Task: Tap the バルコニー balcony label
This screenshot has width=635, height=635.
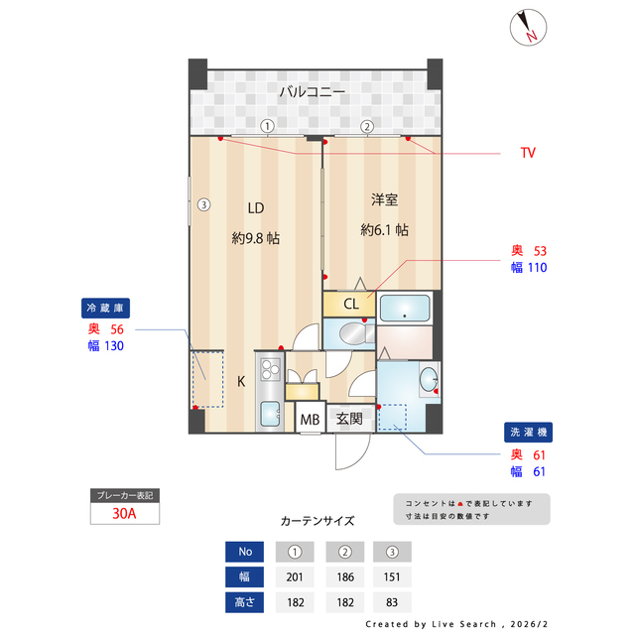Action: pyautogui.click(x=312, y=92)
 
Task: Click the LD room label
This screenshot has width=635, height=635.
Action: pyautogui.click(x=255, y=208)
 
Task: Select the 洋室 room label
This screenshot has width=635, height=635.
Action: pyautogui.click(x=384, y=200)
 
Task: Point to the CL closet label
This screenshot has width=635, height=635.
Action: pyautogui.click(x=351, y=304)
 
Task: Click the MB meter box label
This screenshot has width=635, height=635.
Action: pyautogui.click(x=310, y=420)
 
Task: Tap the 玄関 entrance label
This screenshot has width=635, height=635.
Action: pyautogui.click(x=348, y=420)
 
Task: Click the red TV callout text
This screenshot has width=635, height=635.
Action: pyautogui.click(x=528, y=153)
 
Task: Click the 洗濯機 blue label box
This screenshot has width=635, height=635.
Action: pyautogui.click(x=528, y=433)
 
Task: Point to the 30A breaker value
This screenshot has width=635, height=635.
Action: pyautogui.click(x=124, y=514)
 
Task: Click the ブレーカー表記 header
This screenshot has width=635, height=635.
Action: pyautogui.click(x=124, y=494)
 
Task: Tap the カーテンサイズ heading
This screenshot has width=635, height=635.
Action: pyautogui.click(x=317, y=520)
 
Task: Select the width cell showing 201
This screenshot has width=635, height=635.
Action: pyautogui.click(x=295, y=576)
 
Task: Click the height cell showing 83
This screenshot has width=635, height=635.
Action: pyautogui.click(x=391, y=601)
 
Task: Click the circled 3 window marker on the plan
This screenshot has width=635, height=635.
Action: pyautogui.click(x=202, y=205)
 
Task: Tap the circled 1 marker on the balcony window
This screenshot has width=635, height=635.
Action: pyautogui.click(x=267, y=126)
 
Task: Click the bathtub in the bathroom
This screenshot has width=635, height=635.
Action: pyautogui.click(x=405, y=307)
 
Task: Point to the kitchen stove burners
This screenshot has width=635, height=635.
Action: pyautogui.click(x=270, y=370)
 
